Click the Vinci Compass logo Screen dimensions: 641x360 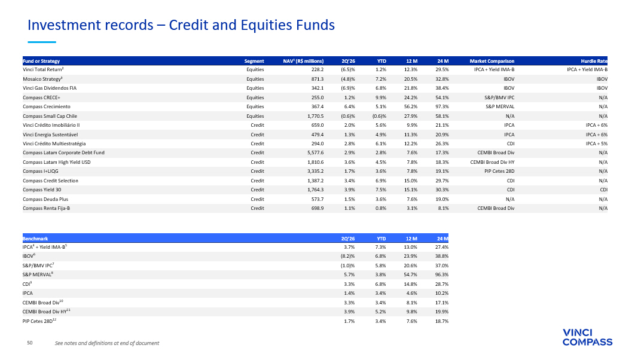tap(587, 337)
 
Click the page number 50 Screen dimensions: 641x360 tap(30, 343)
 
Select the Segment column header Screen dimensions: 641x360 tap(254, 61)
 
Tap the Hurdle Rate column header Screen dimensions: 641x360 tap(594, 61)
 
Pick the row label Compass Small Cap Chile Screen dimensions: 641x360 tap(50, 116)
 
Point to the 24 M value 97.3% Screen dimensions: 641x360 tap(442, 106)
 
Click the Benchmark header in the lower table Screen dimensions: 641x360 tap(35, 239)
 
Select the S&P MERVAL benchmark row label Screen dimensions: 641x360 tap(38, 274)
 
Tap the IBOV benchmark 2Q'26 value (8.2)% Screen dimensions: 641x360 tap(348, 256)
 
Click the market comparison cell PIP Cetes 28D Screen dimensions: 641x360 tap(499, 171)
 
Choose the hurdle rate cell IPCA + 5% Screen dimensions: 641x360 tap(597, 144)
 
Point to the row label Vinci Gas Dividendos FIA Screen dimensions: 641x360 tap(50, 88)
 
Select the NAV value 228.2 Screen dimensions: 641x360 tap(318, 69)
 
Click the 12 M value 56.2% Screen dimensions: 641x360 tap(411, 106)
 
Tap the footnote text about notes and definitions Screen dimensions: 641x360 tap(107, 343)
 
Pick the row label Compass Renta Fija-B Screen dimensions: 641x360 tap(46, 208)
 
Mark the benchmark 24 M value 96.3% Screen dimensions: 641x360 tap(442, 274)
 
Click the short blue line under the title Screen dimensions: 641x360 tap(42, 42)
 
